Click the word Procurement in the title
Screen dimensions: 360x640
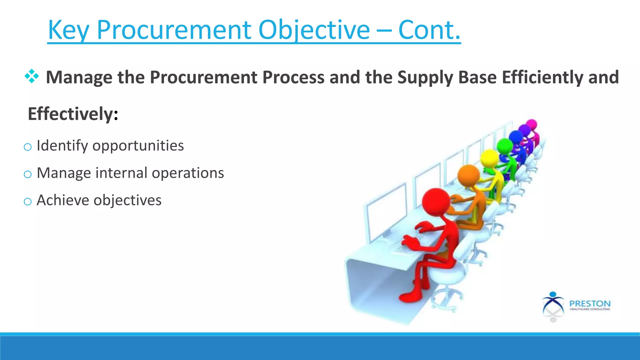[174, 30]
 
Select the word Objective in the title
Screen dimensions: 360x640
[314, 30]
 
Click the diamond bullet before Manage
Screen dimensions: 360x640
[32, 77]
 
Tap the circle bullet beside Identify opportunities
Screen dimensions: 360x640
[27, 147]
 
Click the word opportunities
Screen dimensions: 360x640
[138, 146]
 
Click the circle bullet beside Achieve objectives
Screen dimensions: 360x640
[27, 202]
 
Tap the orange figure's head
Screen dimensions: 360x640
[468, 176]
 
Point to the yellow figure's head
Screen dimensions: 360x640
[489, 158]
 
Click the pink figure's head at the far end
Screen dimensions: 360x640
[531, 124]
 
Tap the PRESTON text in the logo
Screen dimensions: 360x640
[590, 303]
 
